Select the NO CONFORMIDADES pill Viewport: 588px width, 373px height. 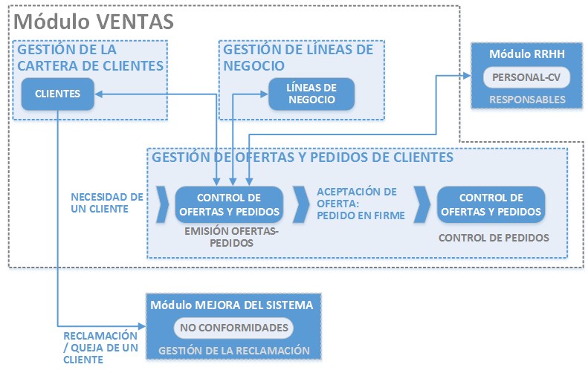point(235,328)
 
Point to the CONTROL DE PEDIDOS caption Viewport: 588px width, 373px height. point(494,238)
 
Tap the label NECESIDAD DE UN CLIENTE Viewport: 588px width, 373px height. point(106,203)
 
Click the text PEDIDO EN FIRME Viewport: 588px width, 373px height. point(361,216)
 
